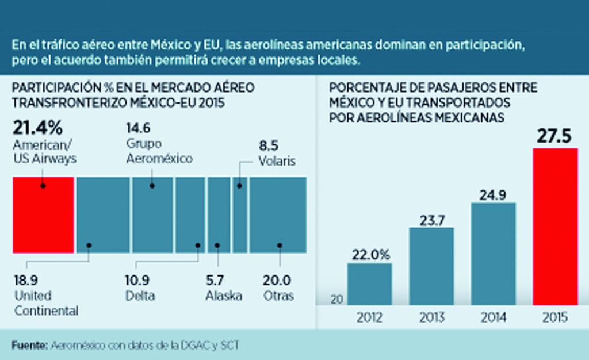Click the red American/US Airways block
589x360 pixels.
(x=43, y=215)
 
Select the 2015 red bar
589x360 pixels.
(x=556, y=226)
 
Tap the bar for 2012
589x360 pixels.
(x=369, y=284)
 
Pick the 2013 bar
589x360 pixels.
(x=431, y=266)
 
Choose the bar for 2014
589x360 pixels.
(x=494, y=253)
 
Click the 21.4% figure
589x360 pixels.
(x=37, y=127)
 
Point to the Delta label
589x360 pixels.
(x=140, y=296)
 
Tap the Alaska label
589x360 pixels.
(x=224, y=296)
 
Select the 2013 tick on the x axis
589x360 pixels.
(x=431, y=317)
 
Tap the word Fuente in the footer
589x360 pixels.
(x=29, y=345)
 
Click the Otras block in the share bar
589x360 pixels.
(x=277, y=215)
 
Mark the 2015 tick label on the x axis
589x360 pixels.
(x=556, y=317)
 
